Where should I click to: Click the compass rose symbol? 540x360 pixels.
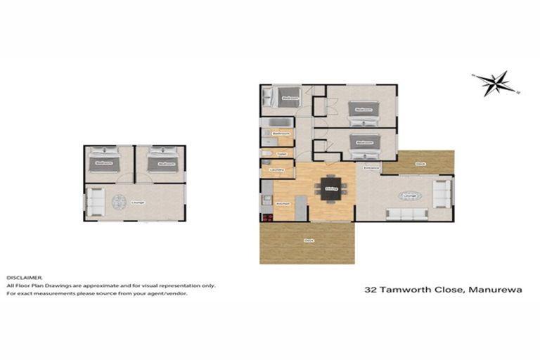pyautogui.click(x=496, y=83)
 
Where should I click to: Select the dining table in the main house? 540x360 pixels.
pyautogui.click(x=331, y=188)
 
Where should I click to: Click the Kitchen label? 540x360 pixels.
pyautogui.click(x=283, y=203)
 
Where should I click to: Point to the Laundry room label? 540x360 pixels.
pyautogui.click(x=276, y=169)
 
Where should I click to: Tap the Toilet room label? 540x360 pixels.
pyautogui.click(x=281, y=153)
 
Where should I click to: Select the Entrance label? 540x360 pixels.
pyautogui.click(x=371, y=168)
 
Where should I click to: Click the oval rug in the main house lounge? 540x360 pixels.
pyautogui.click(x=409, y=195)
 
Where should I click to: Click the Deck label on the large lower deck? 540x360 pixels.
pyautogui.click(x=308, y=240)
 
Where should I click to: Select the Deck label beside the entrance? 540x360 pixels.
pyautogui.click(x=420, y=163)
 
